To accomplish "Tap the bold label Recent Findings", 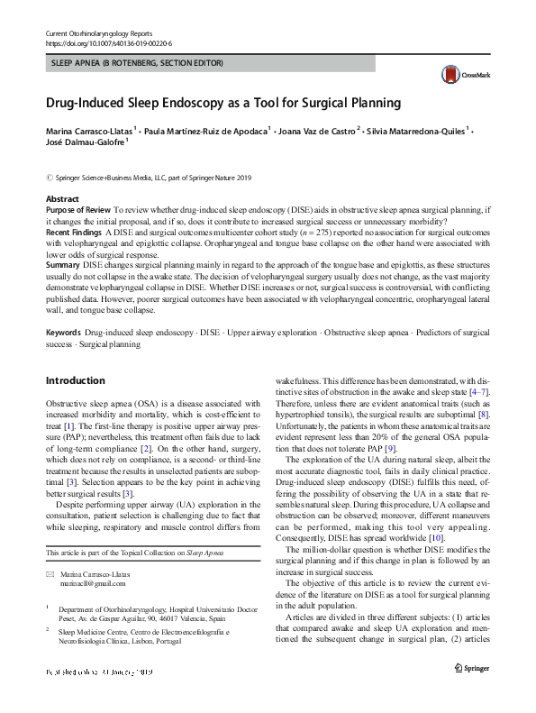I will (74, 232).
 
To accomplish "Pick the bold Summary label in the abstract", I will (62, 265).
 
